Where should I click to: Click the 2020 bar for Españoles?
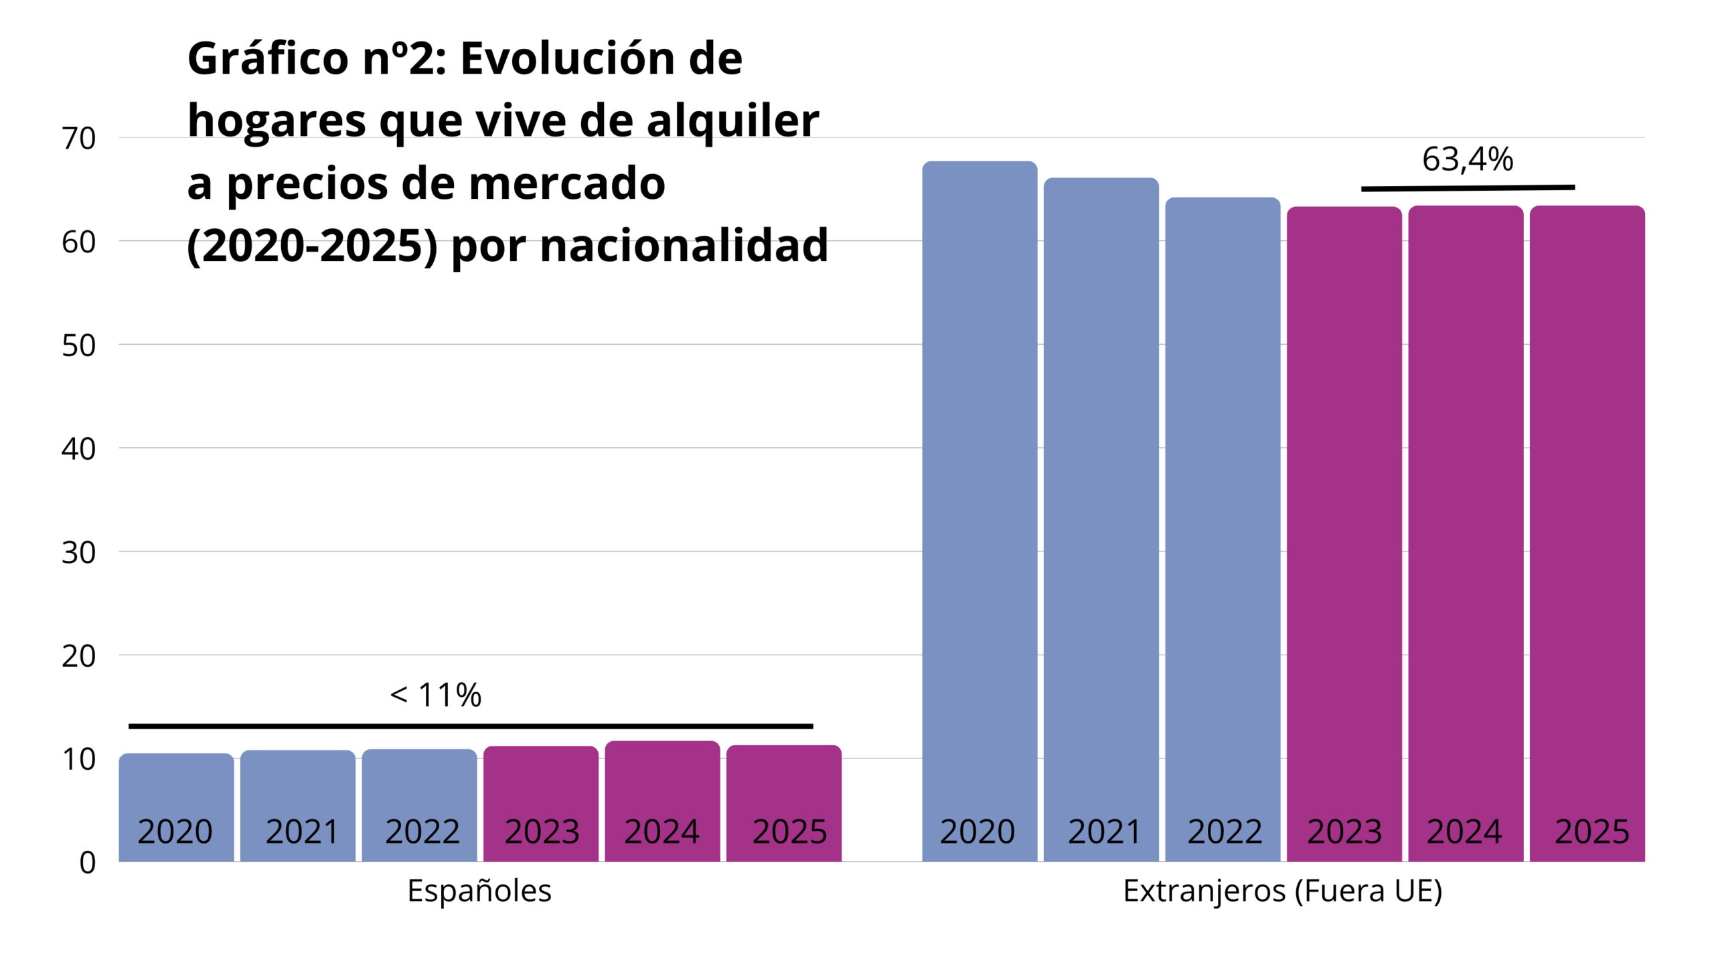176,790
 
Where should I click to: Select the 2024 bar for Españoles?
662,783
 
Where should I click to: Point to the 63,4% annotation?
1467,159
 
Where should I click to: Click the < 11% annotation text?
436,695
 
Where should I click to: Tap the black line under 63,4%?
1467,188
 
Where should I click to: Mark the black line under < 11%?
470,726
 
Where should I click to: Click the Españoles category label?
479,891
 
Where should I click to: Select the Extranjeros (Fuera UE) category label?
1282,891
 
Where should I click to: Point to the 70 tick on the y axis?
79,139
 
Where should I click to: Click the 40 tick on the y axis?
79,449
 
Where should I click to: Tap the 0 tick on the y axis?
88,862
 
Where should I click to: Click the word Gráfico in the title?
268,59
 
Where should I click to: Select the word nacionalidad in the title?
684,246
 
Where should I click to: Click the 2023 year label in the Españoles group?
542,831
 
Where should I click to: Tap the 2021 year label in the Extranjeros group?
1104,831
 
